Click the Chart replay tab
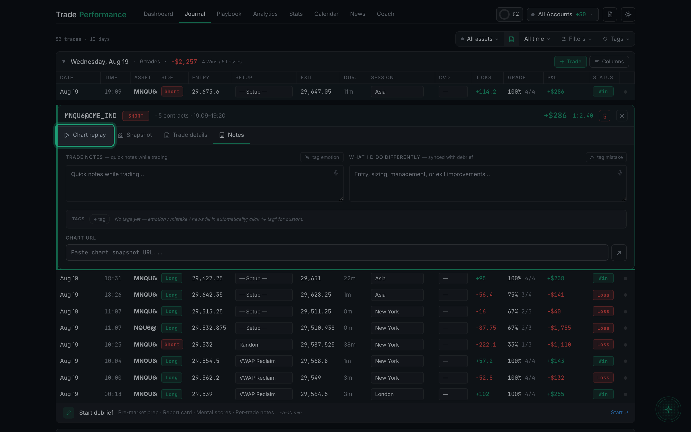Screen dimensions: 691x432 [x=85, y=135]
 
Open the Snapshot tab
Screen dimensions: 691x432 [x=135, y=135]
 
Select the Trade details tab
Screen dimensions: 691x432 [x=186, y=135]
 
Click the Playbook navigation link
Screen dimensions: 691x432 [x=229, y=14]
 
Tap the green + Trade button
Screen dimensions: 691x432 [x=570, y=62]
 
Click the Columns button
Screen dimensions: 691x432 [x=609, y=62]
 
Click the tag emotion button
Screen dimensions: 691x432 [x=322, y=157]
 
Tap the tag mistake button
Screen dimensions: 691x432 [x=606, y=157]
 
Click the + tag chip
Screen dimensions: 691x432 [x=100, y=219]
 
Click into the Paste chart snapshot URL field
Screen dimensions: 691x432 [x=337, y=252]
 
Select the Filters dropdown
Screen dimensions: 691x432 [x=576, y=39]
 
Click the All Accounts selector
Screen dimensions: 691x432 [x=562, y=14]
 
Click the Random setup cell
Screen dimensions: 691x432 [x=263, y=345]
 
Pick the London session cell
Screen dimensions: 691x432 [x=397, y=394]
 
